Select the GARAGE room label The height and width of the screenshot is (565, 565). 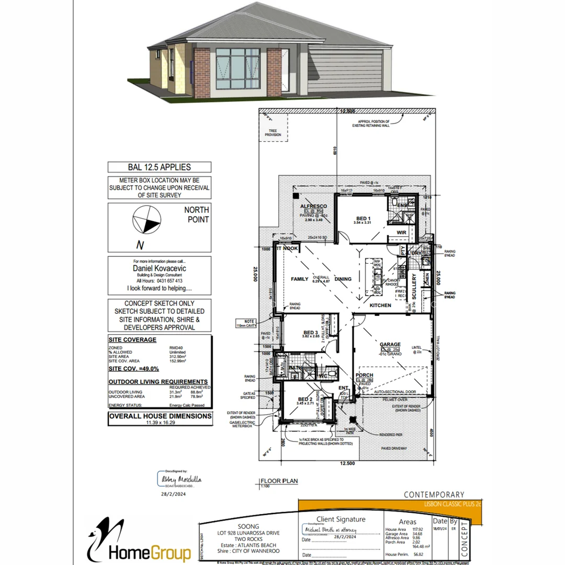[x=390, y=345]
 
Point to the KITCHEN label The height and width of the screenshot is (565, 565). [x=380, y=305]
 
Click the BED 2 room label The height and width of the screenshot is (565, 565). [x=306, y=400]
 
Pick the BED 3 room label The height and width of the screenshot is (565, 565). [x=311, y=333]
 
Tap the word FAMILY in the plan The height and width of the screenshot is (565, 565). [x=300, y=279]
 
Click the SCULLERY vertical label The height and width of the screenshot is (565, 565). [x=414, y=285]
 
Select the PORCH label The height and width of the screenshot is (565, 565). [x=364, y=375]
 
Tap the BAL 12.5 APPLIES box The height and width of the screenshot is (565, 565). [x=160, y=167]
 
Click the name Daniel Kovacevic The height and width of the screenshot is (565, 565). [x=160, y=268]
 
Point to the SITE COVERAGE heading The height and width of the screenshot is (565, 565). [x=132, y=340]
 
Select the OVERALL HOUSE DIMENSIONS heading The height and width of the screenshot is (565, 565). [x=160, y=416]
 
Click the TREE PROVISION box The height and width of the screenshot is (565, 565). [x=273, y=132]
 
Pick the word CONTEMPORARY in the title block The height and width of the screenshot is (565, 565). [x=434, y=494]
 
